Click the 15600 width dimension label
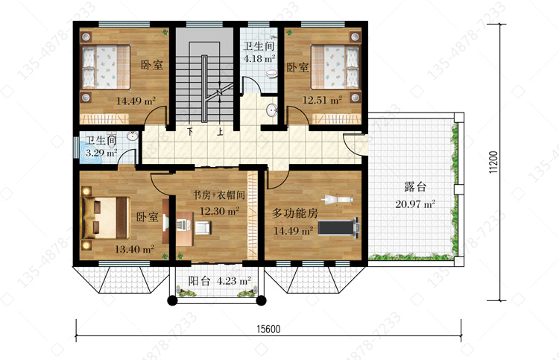pyautogui.click(x=268, y=329)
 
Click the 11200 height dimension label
pyautogui.click(x=493, y=162)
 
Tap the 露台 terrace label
pyautogui.click(x=415, y=186)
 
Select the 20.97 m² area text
pyautogui.click(x=415, y=204)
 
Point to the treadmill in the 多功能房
pyautogui.click(x=338, y=227)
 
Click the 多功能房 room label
pyautogui.click(x=295, y=213)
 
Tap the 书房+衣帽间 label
pyautogui.click(x=219, y=195)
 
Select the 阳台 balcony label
pyautogui.click(x=199, y=281)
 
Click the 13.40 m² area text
pyautogui.click(x=134, y=249)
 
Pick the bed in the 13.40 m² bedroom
pyautogui.click(x=105, y=218)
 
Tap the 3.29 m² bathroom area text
pyautogui.click(x=101, y=154)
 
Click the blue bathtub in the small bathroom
pyautogui.click(x=90, y=154)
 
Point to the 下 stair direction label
pyautogui.click(x=190, y=132)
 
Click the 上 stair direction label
pyautogui.click(x=221, y=132)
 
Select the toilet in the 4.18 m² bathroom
pyautogui.click(x=271, y=74)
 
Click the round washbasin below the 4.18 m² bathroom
pyautogui.click(x=272, y=110)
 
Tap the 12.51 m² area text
pyautogui.click(x=322, y=100)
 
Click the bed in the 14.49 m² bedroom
pyautogui.click(x=106, y=66)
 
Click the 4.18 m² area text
pyautogui.click(x=259, y=58)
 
